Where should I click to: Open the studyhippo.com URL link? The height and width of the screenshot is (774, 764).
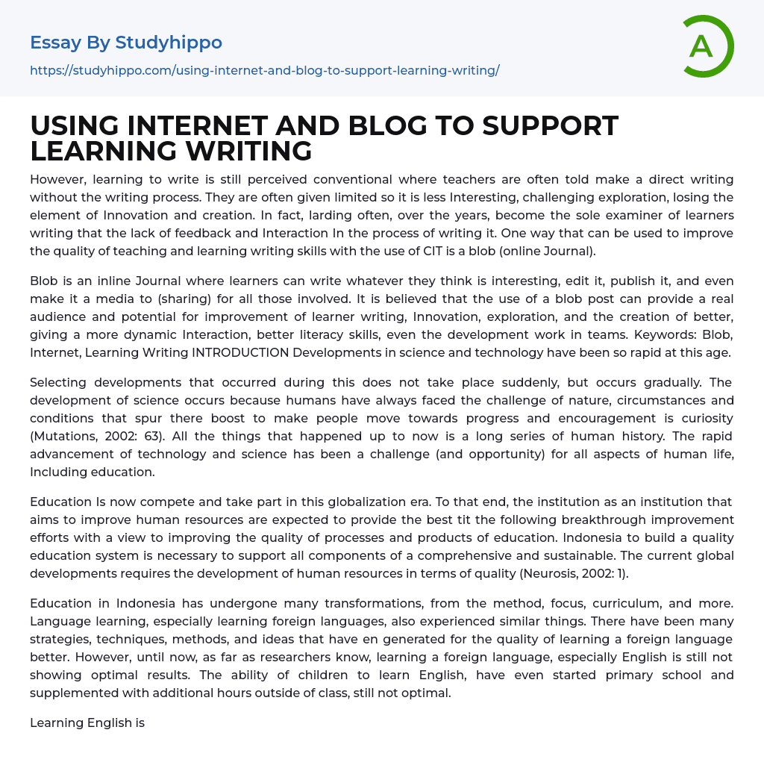264,70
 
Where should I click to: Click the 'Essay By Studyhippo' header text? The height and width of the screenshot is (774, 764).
126,43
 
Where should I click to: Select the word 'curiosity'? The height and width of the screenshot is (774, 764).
706,418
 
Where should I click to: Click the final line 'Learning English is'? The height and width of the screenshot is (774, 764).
87,722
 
